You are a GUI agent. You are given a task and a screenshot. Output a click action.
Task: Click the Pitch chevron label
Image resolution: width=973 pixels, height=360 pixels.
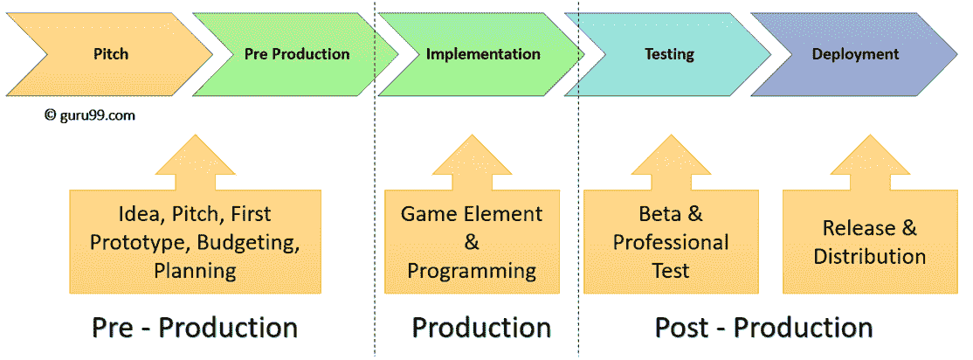tap(111, 54)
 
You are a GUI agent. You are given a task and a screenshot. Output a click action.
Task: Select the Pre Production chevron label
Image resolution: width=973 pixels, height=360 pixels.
tap(297, 54)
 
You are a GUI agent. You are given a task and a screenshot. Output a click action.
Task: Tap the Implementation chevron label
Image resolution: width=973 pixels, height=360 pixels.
tap(483, 54)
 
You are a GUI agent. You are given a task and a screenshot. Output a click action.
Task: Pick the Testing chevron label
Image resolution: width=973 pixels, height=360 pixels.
tap(669, 54)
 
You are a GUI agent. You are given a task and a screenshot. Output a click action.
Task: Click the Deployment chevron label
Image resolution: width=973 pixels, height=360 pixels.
tap(855, 54)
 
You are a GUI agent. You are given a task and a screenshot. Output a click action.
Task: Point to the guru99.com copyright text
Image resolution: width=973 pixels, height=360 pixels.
tap(89, 114)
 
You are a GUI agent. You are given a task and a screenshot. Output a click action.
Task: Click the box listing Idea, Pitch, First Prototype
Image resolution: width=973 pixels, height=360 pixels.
tap(196, 241)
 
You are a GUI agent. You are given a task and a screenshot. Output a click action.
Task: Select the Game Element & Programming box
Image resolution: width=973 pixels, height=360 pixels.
tap(472, 241)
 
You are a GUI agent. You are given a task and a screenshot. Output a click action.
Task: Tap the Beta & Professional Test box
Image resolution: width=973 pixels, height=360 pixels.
tap(671, 241)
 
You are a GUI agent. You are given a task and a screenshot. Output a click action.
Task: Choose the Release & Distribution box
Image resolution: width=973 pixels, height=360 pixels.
tap(869, 241)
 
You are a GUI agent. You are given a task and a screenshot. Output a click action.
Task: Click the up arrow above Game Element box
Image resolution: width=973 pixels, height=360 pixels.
tap(472, 163)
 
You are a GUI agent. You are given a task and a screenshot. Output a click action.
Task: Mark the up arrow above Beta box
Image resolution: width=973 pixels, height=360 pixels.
tap(671, 163)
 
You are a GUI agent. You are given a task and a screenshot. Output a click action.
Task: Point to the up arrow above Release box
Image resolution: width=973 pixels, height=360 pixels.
tap(869, 163)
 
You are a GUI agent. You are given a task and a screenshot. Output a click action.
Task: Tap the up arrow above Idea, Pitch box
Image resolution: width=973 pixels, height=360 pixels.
tap(196, 163)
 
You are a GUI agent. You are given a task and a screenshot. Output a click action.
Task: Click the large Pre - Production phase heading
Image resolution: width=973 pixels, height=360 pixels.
tap(195, 327)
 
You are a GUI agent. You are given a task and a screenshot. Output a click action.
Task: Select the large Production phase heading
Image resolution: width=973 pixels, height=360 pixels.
tap(481, 327)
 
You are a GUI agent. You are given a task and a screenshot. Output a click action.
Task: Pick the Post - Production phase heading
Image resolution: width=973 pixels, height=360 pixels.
tap(764, 327)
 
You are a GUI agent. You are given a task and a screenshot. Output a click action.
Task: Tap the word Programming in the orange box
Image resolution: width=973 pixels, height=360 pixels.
tap(472, 271)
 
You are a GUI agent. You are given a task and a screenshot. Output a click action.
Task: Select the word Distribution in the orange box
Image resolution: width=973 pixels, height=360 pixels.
tap(869, 256)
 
